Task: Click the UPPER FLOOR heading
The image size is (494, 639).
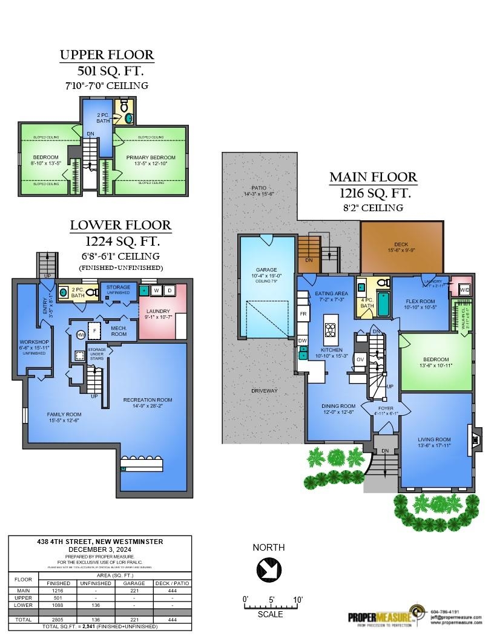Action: click(x=107, y=56)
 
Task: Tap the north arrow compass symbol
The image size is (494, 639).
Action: click(x=268, y=569)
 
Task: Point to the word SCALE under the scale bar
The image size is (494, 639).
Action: click(x=270, y=614)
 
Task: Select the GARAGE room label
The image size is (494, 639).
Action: click(x=266, y=270)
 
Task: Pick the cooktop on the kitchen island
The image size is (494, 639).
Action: click(x=331, y=330)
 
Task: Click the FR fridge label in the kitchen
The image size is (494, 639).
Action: click(x=303, y=315)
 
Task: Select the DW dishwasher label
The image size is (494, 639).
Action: click(x=303, y=341)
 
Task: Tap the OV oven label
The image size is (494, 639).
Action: click(x=360, y=359)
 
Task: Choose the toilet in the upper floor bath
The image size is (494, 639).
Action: click(x=124, y=107)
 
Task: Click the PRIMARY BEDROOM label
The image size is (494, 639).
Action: click(x=151, y=158)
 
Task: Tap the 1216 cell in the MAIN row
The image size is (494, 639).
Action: click(x=58, y=590)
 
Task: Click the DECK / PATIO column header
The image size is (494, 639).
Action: click(x=173, y=583)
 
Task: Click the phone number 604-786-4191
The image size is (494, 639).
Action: click(x=445, y=611)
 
